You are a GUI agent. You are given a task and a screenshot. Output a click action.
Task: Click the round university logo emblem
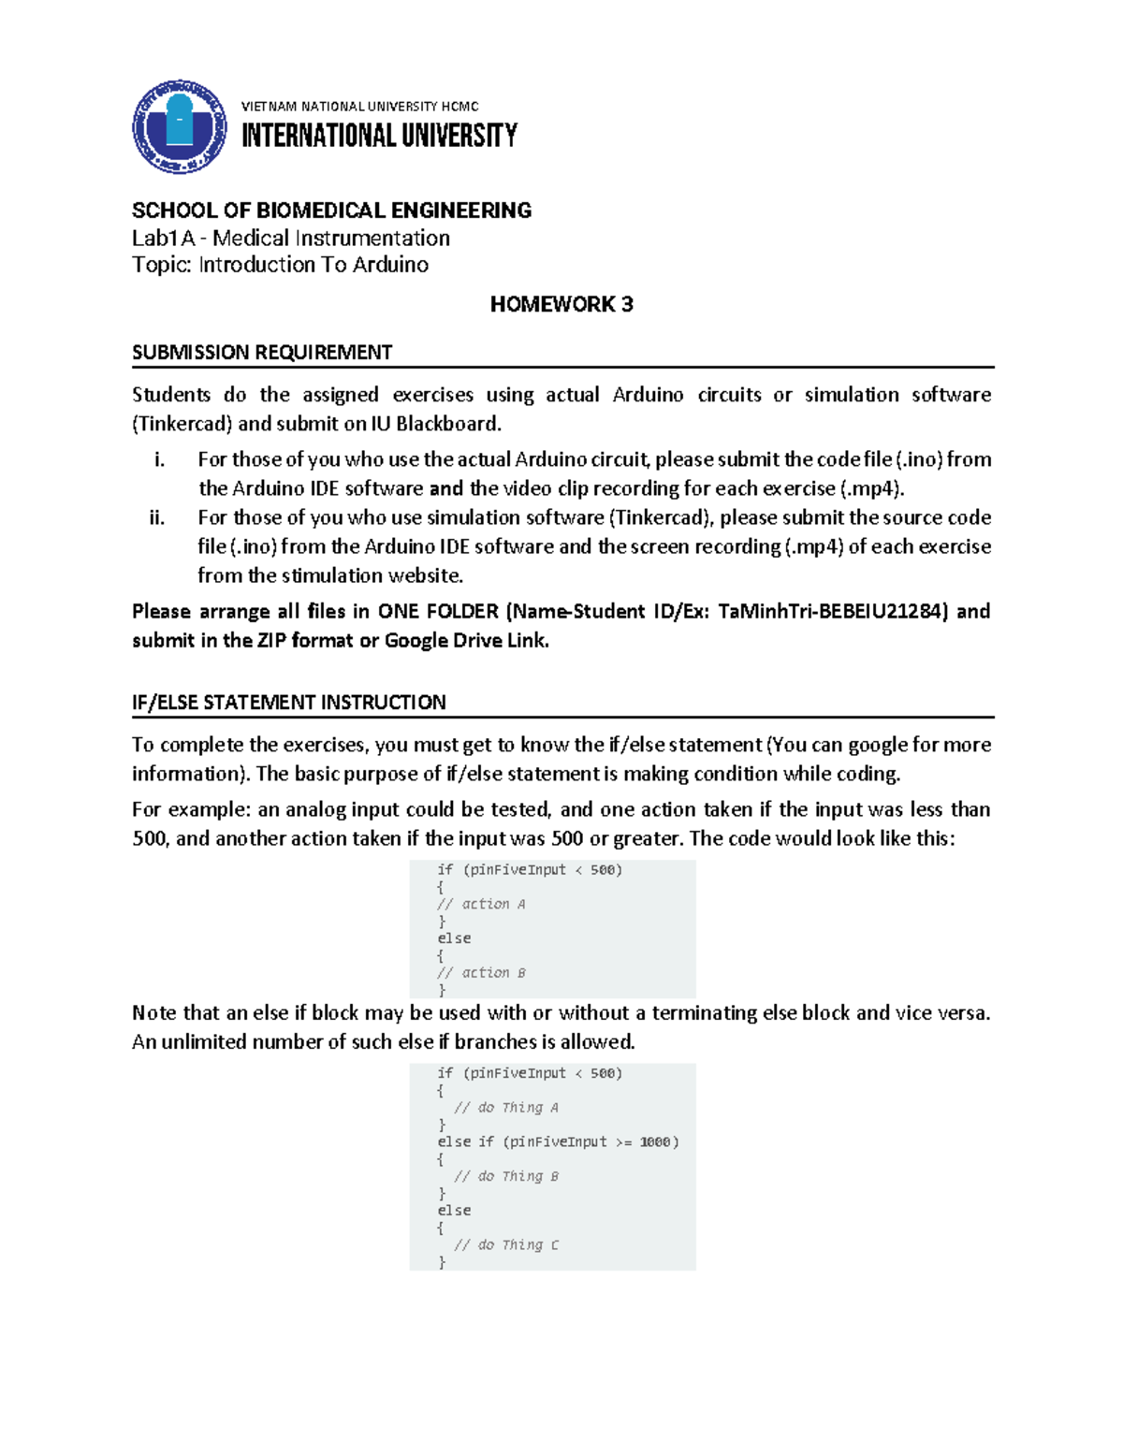(x=179, y=126)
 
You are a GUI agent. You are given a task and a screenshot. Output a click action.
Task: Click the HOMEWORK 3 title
(x=561, y=304)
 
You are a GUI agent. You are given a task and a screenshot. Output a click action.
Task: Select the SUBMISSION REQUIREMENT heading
(x=262, y=353)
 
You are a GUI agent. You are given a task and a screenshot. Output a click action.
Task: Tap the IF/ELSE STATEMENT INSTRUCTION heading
(x=288, y=702)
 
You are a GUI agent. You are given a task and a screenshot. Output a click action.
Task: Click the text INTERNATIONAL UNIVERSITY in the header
(x=379, y=137)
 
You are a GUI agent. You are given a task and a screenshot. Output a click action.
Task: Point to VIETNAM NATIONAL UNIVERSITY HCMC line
(x=360, y=107)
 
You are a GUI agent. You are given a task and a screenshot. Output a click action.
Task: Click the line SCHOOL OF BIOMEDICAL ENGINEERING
(x=331, y=211)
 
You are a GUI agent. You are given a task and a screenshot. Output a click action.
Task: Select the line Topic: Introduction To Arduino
(x=280, y=265)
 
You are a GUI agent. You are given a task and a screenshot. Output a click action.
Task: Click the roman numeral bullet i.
(x=159, y=459)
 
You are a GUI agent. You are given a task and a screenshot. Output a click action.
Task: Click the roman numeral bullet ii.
(x=157, y=517)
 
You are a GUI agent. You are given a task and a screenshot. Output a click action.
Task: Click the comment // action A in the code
(x=481, y=904)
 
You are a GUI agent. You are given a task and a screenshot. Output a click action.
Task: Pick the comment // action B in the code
(x=481, y=973)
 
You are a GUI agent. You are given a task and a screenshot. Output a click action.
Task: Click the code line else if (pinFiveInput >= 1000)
(x=558, y=1141)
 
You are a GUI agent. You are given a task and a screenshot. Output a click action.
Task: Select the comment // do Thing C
(x=506, y=1245)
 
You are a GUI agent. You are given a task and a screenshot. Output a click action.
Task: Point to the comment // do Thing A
(x=506, y=1108)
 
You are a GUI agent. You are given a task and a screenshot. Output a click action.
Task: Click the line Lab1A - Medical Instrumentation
(x=291, y=238)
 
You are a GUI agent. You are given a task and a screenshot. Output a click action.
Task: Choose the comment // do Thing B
(x=506, y=1176)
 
